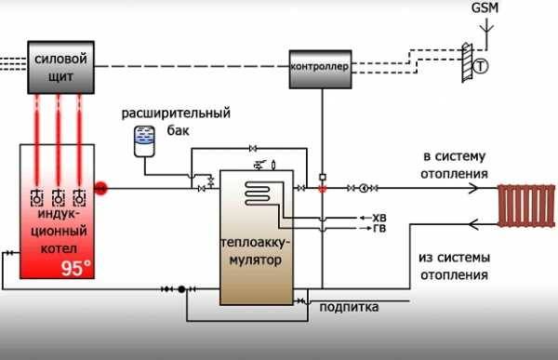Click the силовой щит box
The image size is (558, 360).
tap(60, 66)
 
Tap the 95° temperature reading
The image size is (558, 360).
tap(76, 268)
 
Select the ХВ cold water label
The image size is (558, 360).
tap(379, 217)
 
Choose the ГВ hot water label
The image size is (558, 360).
tap(379, 228)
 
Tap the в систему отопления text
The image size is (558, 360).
tap(455, 165)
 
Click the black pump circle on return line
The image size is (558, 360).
tap(182, 289)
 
